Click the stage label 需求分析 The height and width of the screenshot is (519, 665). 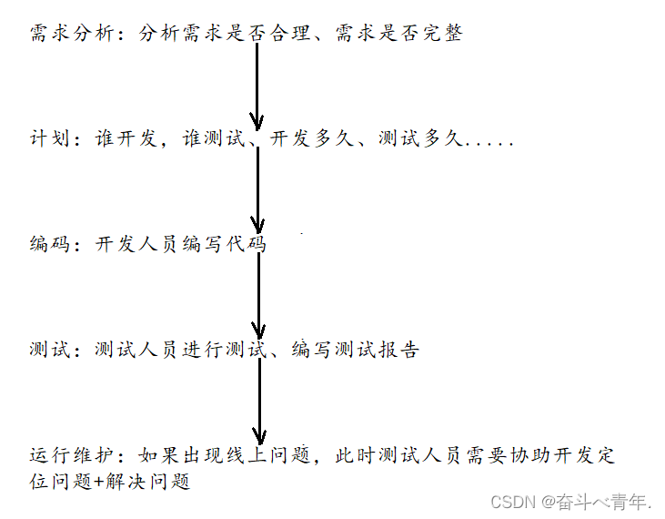coord(72,36)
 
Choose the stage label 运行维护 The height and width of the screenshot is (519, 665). coord(72,455)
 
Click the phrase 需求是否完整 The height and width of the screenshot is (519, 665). coord(398,36)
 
